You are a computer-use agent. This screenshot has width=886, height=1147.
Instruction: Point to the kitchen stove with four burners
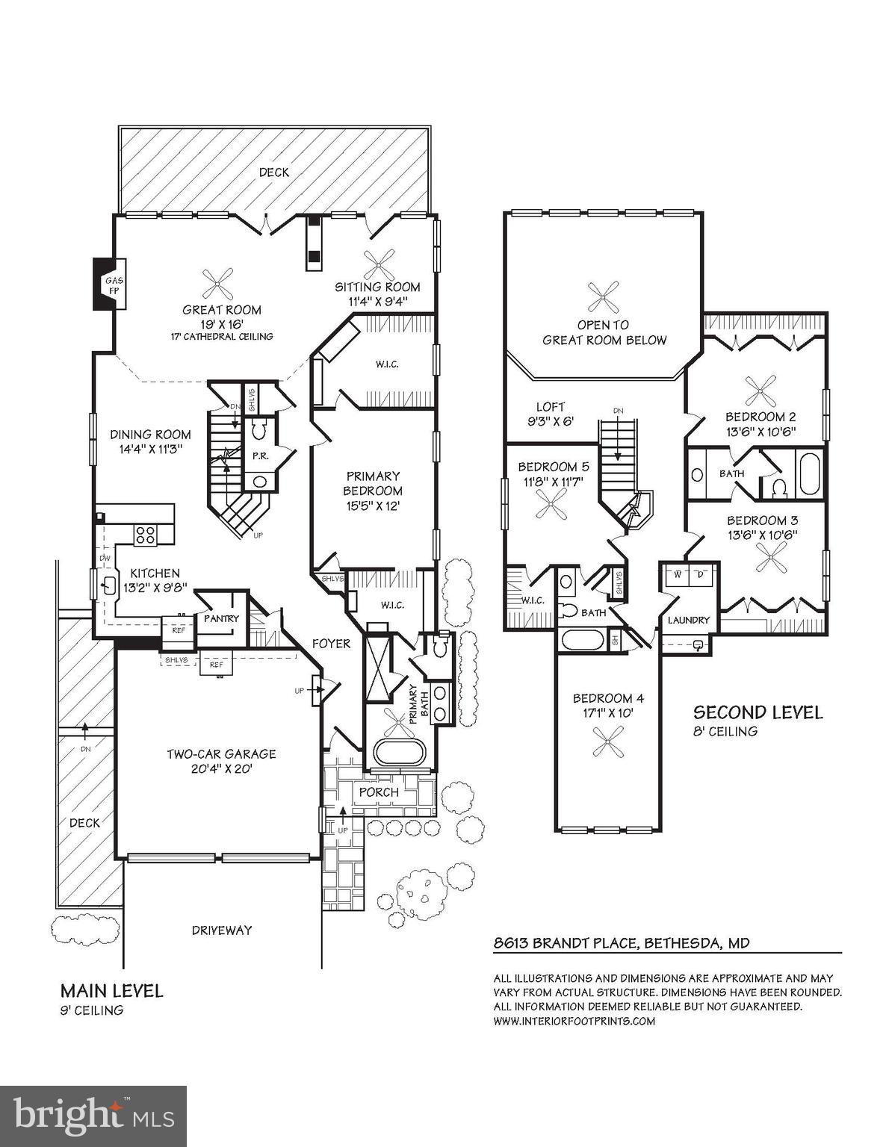(145, 534)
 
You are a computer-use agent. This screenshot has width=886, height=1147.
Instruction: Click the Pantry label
(221, 618)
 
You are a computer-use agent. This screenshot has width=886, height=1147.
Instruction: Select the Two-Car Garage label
(221, 753)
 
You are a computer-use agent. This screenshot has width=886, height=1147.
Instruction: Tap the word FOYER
(331, 643)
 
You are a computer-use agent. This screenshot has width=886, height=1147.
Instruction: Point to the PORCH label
(379, 792)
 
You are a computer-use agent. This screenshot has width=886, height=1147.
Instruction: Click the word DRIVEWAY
(222, 930)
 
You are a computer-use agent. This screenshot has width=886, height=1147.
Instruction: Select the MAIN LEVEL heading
(111, 991)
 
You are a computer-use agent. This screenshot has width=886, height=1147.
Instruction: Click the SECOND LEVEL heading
(758, 712)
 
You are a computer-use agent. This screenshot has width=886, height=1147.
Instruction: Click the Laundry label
(688, 620)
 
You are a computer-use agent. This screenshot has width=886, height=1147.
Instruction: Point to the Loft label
(551, 407)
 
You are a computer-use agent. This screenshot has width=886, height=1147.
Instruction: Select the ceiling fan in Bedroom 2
(760, 388)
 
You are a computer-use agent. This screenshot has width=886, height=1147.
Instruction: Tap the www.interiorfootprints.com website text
(574, 1021)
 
